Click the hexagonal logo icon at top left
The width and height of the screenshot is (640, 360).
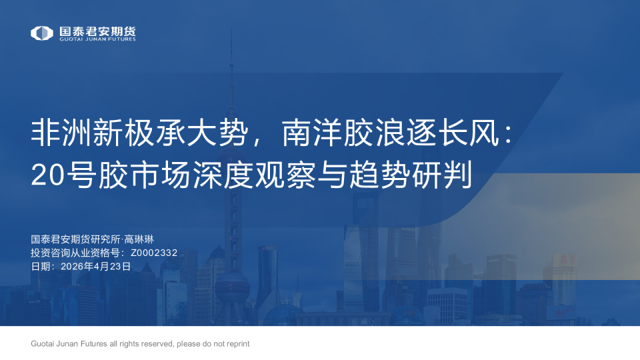point(42,33)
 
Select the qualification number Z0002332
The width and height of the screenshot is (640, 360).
point(154,253)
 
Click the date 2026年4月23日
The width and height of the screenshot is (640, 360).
point(95,265)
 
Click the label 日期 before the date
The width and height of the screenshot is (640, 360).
point(40,265)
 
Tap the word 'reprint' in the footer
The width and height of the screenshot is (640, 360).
point(237,344)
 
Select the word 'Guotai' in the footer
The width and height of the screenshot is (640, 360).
point(43,344)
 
